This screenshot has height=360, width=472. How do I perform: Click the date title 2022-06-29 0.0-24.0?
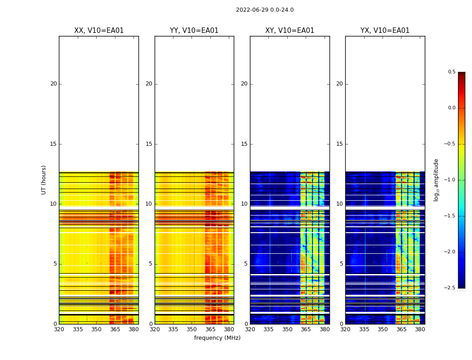(265, 10)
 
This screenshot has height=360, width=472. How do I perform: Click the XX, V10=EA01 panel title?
(99, 31)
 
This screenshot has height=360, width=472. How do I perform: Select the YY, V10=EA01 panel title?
(194, 31)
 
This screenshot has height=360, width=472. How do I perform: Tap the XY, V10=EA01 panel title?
(289, 31)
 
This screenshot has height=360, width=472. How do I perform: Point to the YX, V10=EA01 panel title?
(385, 31)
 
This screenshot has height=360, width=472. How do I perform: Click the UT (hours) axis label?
(44, 180)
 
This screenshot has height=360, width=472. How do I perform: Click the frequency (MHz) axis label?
(217, 338)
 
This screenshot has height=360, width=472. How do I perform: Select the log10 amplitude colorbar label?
(436, 180)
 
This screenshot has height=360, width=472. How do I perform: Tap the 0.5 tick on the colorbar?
(451, 72)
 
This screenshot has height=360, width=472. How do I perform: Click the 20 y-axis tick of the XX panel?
(53, 84)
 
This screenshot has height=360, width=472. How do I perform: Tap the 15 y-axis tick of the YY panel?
(149, 144)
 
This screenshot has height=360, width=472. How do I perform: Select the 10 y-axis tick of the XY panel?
(244, 204)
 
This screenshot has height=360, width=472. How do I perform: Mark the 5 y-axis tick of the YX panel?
(341, 264)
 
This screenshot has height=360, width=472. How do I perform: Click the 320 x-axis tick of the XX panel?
(59, 329)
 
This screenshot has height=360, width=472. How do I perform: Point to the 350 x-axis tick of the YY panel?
(192, 329)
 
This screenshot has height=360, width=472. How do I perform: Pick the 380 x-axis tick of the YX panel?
(420, 329)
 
